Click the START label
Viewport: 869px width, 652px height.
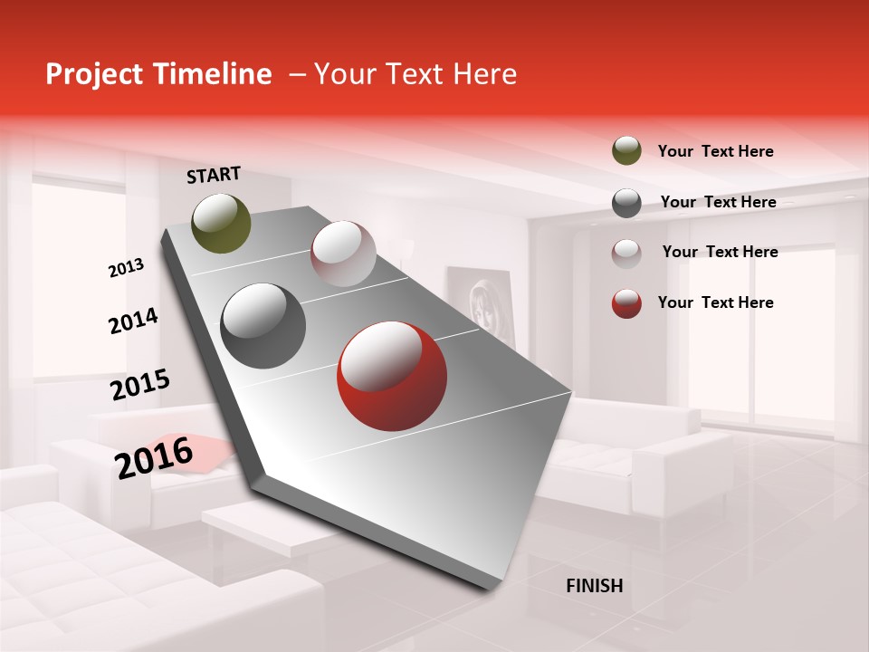[x=214, y=175]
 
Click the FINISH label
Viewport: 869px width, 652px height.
[x=594, y=586]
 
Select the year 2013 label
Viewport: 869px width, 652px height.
[x=126, y=268]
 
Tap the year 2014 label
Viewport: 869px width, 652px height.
[x=133, y=321]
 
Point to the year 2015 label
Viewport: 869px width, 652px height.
[x=140, y=385]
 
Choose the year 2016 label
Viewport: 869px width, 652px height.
[x=154, y=457]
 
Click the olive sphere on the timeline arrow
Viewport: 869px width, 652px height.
[x=221, y=223]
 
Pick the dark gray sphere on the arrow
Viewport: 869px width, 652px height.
[x=263, y=326]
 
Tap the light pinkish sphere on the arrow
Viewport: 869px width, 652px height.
[x=343, y=254]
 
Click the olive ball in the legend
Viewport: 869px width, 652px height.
[x=626, y=151]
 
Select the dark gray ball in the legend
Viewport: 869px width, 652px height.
[x=626, y=203]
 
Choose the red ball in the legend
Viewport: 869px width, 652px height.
[x=626, y=303]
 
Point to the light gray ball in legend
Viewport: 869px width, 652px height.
[x=626, y=253]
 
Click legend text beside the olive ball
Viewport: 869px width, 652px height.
[x=715, y=152]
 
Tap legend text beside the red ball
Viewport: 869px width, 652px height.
[x=715, y=302]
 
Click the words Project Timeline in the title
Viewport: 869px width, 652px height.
[x=158, y=74]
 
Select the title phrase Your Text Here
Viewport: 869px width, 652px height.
[x=415, y=74]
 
